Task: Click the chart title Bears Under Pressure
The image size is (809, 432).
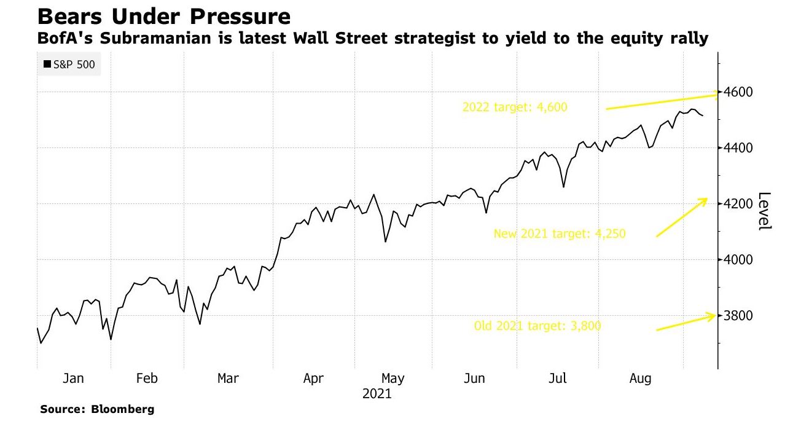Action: (164, 16)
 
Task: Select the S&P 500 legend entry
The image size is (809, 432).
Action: (69, 64)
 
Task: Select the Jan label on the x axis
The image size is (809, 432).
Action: (74, 379)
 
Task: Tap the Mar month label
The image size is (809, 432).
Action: (228, 379)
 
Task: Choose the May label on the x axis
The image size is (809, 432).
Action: (393, 379)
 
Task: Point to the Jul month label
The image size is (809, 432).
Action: (558, 379)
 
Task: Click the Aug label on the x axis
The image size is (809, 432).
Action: (640, 379)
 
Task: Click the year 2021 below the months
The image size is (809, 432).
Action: (377, 394)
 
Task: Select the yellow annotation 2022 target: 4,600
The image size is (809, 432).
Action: (515, 107)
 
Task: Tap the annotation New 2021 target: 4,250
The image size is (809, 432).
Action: (560, 234)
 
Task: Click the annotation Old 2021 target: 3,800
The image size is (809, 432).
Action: (537, 326)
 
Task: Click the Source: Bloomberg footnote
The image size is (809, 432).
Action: (97, 409)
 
